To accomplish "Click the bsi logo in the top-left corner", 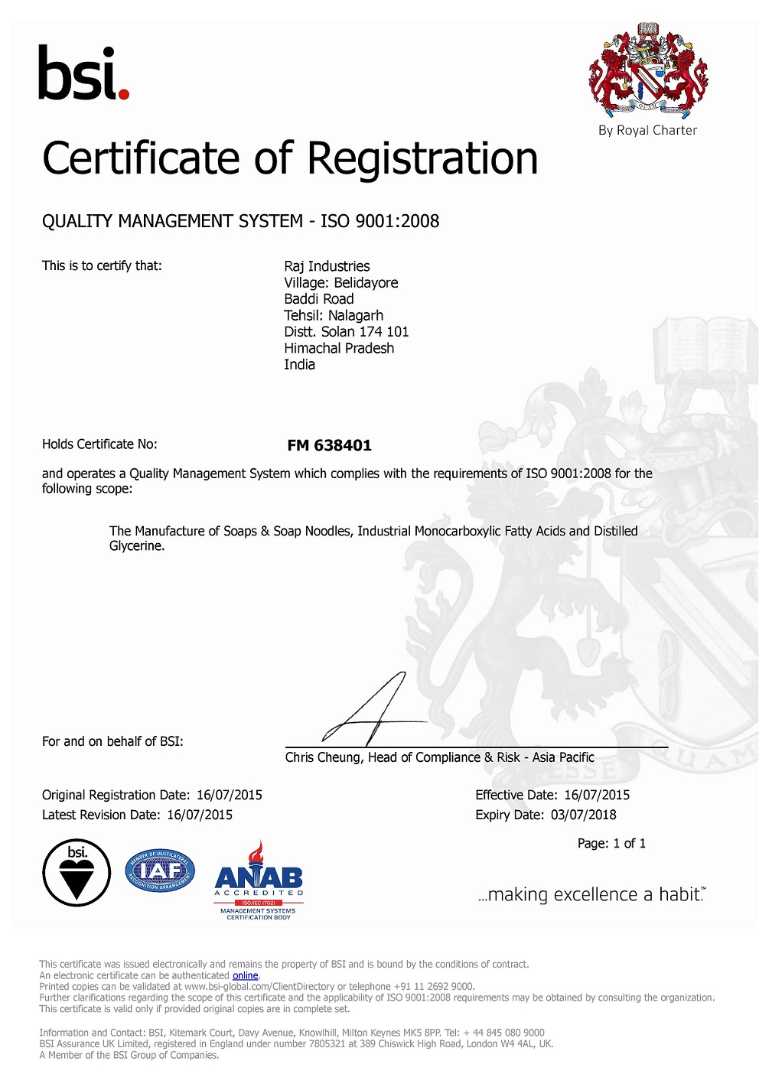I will (83, 73).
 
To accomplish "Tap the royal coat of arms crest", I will (648, 69).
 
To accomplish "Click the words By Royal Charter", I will (647, 131).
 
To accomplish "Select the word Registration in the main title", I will (422, 159).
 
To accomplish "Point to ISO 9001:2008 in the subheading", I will (379, 221).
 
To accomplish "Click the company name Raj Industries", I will (327, 266).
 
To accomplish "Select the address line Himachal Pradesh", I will (339, 348).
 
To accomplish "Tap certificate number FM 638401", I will (329, 445).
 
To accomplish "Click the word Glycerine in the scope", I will (136, 546).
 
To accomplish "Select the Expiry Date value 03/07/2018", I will (583, 815).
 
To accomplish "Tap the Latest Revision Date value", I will (200, 815).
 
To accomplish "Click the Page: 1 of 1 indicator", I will (611, 843).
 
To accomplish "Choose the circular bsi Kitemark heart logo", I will (77, 873).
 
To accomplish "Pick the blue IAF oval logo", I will (160, 871).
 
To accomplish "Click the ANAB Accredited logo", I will (259, 880).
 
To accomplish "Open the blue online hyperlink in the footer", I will (245, 975).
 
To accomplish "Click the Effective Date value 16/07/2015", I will (597, 795).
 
